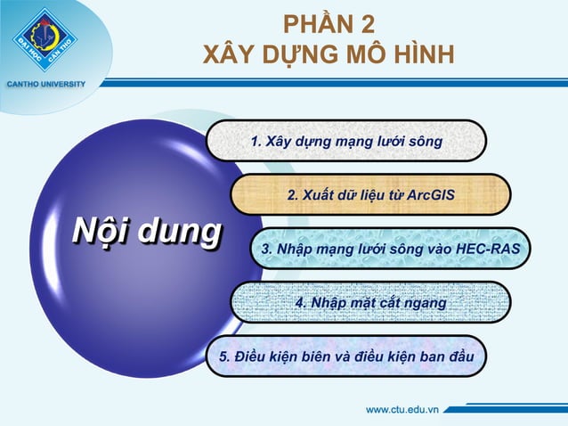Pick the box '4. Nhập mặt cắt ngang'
pos(370,303)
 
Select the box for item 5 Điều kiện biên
pos(346,356)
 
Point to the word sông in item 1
pos(424,142)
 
